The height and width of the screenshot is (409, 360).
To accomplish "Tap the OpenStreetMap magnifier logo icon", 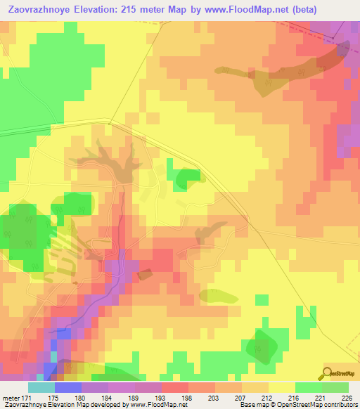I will click(327, 374).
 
